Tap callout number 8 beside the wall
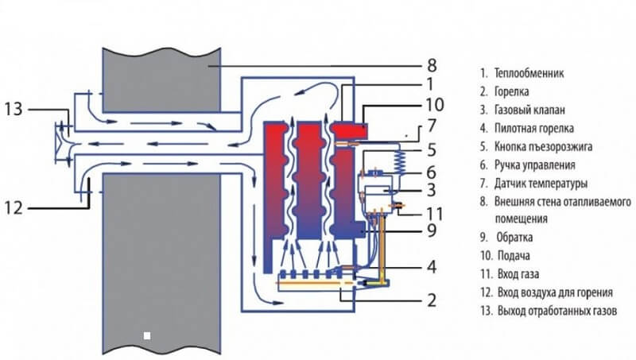(x=432, y=64)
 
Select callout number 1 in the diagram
(x=429, y=83)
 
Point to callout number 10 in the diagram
(x=434, y=104)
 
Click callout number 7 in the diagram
(x=432, y=125)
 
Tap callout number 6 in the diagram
(x=432, y=171)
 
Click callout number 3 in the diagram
(x=432, y=192)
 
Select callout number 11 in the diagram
(x=433, y=213)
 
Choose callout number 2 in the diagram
(x=431, y=300)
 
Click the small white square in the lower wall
(x=146, y=335)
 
